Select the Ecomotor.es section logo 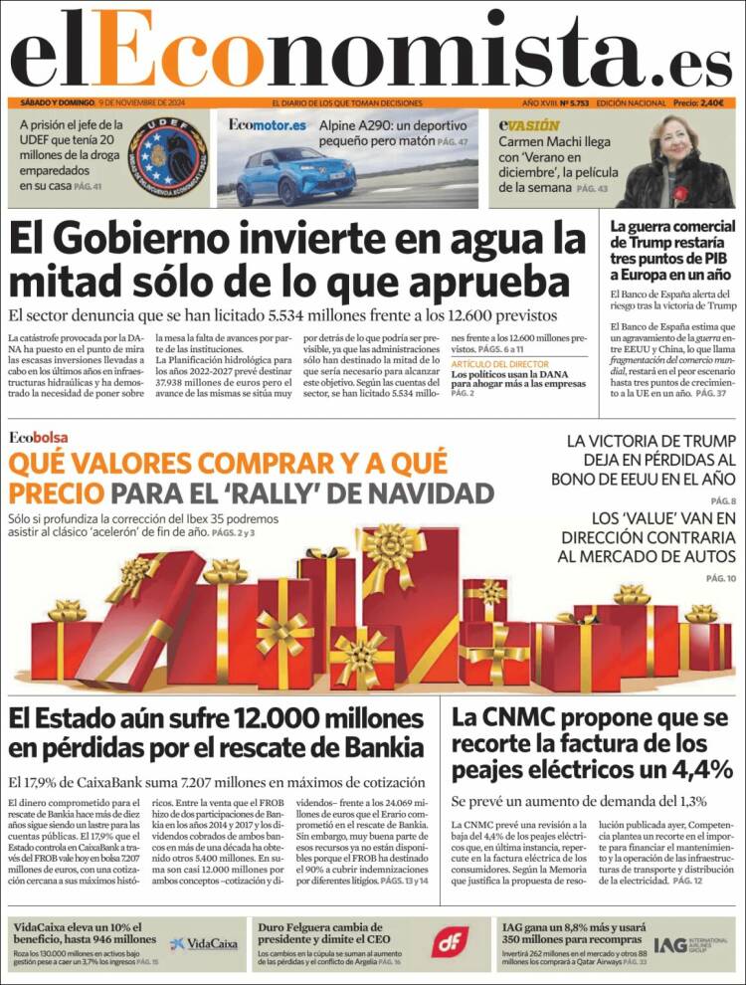coord(267,125)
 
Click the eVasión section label coord(529,125)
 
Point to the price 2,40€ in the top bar coord(713,103)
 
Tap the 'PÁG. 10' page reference coord(720,578)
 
